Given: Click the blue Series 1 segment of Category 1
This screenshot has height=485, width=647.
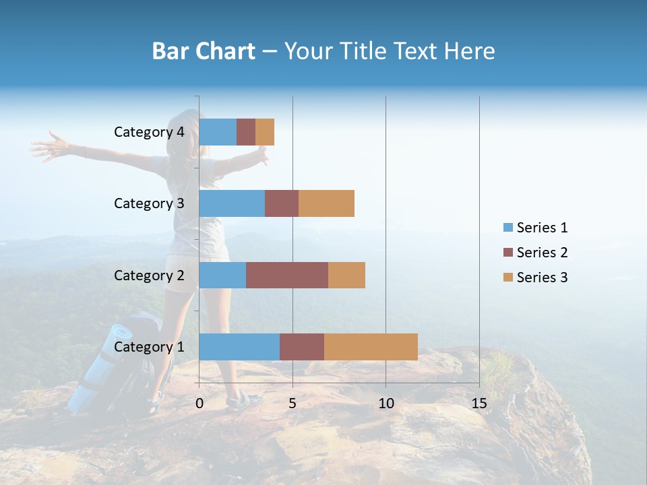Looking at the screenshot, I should click(239, 347).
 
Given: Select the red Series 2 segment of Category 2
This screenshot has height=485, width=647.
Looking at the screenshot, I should click(287, 275).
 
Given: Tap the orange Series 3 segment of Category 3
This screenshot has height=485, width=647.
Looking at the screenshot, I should click(326, 203).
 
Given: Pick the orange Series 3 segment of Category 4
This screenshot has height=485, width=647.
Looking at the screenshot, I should click(265, 132).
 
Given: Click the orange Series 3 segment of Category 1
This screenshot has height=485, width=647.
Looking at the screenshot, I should click(371, 347).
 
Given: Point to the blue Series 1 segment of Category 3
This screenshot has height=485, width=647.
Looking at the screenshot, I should click(232, 203).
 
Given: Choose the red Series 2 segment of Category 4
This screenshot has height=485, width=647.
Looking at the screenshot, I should click(246, 132).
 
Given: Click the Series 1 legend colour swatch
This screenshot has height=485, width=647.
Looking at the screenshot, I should click(507, 228).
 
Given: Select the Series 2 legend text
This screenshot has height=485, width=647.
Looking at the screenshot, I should click(542, 253).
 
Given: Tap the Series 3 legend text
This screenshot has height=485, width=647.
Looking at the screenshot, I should click(542, 278).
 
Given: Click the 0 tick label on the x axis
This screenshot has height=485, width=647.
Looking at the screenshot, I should click(199, 403).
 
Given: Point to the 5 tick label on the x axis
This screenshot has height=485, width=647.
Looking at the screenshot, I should click(292, 403).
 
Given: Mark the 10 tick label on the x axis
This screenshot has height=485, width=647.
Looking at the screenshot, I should click(386, 403).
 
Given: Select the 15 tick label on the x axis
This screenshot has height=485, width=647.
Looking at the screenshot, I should click(479, 403).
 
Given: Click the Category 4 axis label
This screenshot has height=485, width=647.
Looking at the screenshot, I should click(149, 132).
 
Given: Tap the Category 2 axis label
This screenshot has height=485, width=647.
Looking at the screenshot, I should click(149, 275).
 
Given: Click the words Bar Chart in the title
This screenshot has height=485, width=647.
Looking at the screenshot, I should click(204, 51).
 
